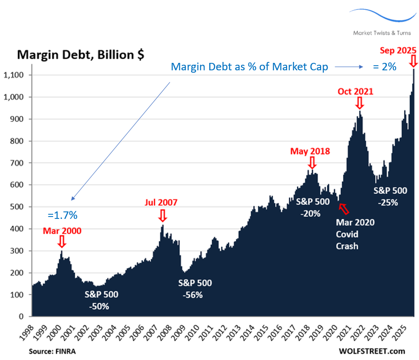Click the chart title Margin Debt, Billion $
81,54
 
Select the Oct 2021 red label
355,91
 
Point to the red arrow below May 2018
312,163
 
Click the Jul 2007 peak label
161,203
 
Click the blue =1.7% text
62,215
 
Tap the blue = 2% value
384,67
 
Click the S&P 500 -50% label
101,300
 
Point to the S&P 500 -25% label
391,197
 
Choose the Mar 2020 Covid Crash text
355,234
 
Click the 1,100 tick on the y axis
20,75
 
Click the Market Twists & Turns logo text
382,33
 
